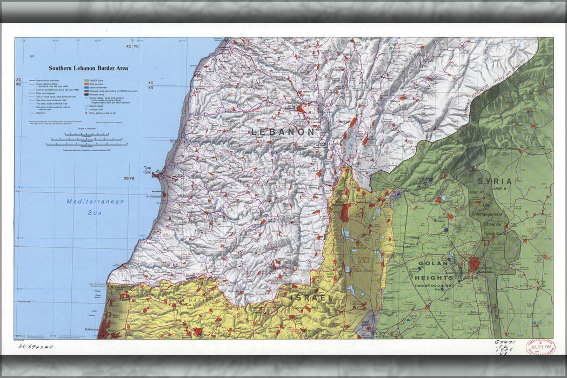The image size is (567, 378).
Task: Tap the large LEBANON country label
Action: tap(282, 132)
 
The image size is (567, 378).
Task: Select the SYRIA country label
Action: tap(494, 181)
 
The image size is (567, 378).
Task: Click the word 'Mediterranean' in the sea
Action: tap(95, 201)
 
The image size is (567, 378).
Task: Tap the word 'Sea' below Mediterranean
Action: tap(95, 213)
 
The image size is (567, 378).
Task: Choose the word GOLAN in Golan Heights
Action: tap(433, 264)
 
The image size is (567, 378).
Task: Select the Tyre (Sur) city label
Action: tap(147, 170)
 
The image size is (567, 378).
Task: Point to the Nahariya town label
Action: tap(90, 329)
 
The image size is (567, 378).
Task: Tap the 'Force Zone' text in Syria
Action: tap(493, 233)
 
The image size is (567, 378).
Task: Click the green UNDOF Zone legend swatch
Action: tap(86, 80)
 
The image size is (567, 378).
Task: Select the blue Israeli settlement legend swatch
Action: tap(86, 87)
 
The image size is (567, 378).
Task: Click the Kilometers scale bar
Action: tap(86, 134)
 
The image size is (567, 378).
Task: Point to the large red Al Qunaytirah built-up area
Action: tap(474, 264)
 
